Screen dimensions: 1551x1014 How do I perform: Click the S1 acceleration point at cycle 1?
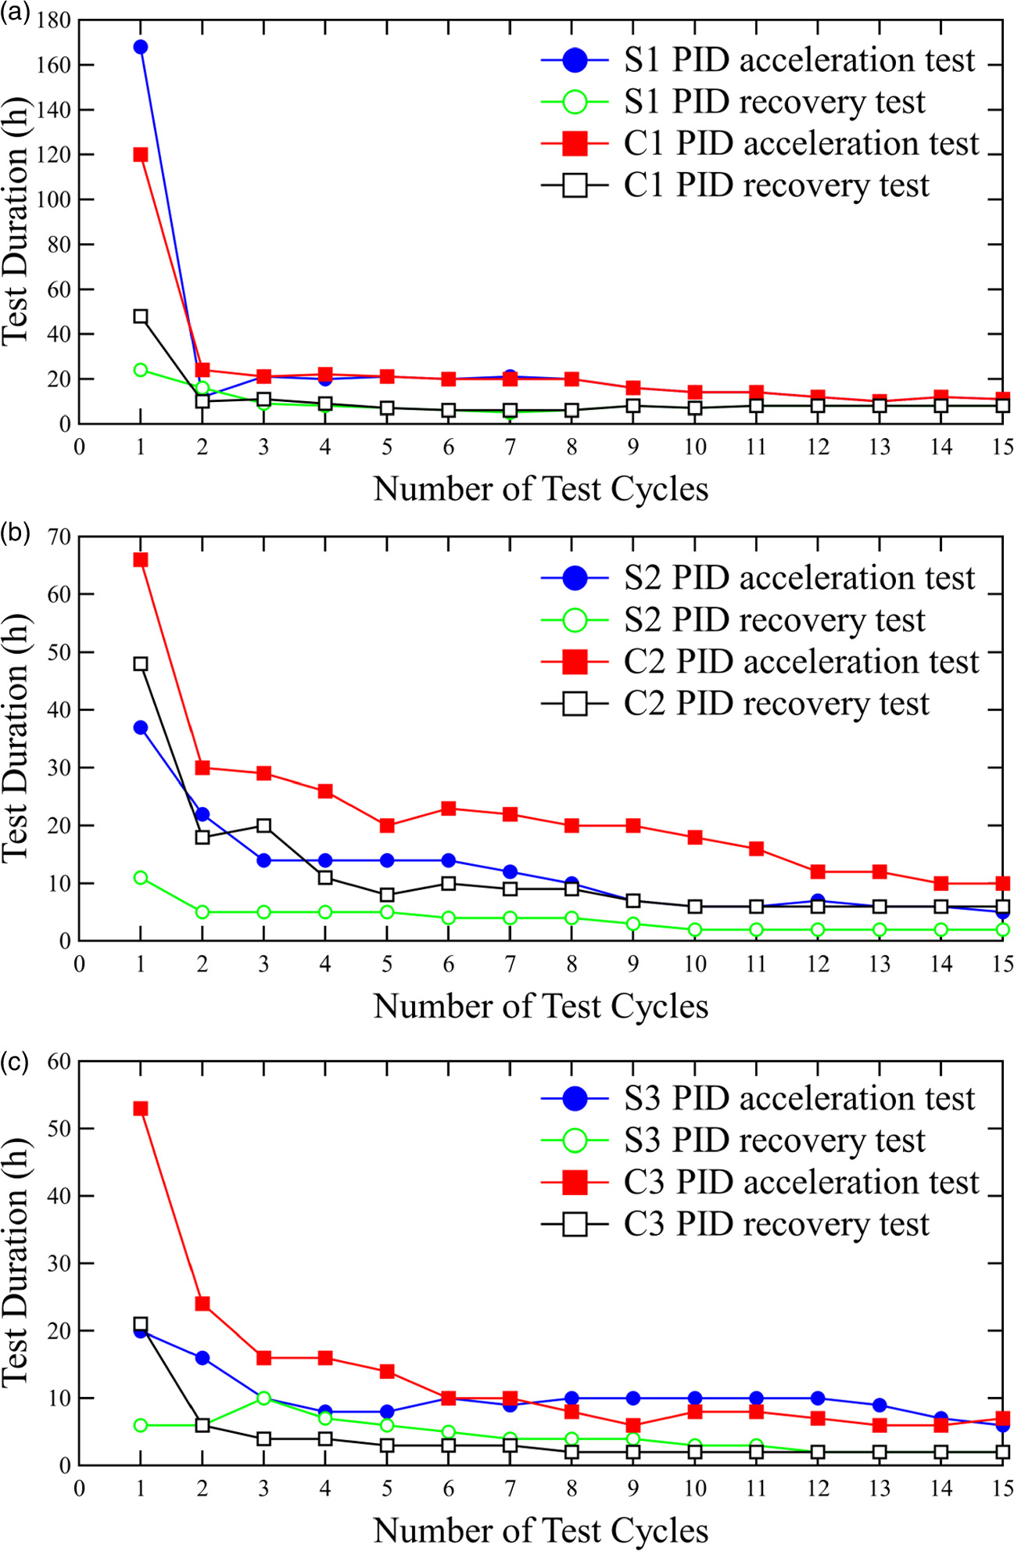141,47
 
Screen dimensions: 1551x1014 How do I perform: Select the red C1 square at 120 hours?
141,155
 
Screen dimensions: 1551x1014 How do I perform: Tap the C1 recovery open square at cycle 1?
141,317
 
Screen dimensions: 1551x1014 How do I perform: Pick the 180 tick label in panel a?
53,20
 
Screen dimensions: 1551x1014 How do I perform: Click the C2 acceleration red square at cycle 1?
141,560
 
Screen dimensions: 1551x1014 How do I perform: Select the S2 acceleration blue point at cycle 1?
141,727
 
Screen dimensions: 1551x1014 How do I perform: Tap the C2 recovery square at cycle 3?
263,826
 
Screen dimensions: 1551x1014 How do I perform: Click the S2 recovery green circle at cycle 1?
141,878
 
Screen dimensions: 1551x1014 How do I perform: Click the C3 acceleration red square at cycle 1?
141,1108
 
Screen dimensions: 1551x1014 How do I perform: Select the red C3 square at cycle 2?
202,1304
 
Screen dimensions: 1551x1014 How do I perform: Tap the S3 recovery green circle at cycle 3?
263,1398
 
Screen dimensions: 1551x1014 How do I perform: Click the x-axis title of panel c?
541,1530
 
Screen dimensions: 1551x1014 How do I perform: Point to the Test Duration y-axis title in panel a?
16,221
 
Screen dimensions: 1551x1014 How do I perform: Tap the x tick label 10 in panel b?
694,964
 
